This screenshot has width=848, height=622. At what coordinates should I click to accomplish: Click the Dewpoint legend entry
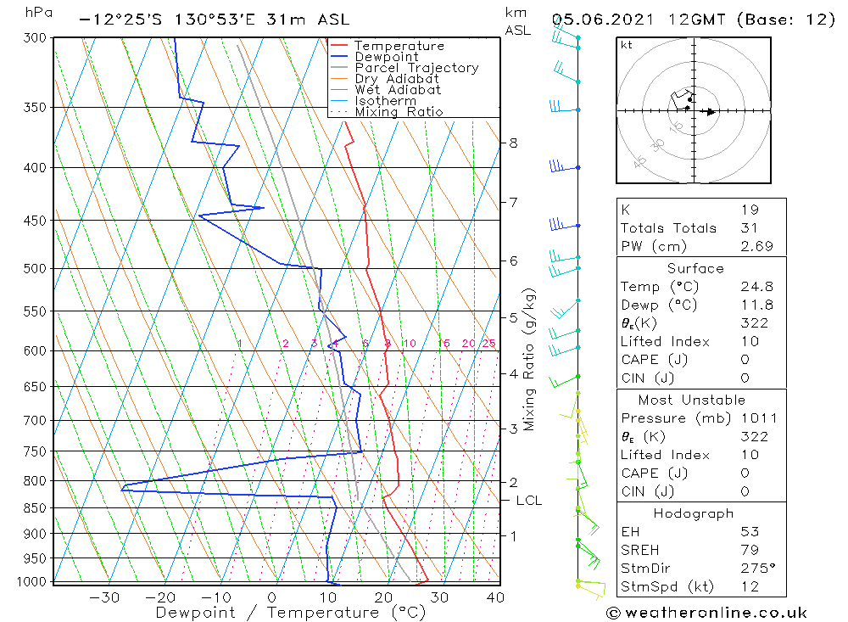click(x=386, y=57)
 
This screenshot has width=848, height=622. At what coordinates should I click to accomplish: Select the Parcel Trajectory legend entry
click(x=416, y=68)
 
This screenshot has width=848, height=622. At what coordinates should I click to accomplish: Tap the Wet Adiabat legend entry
click(x=398, y=90)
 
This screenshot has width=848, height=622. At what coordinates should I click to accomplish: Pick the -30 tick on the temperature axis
click(x=104, y=597)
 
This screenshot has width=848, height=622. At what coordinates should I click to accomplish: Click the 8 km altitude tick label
click(x=513, y=143)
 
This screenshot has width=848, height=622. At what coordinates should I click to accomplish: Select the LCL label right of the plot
click(x=528, y=501)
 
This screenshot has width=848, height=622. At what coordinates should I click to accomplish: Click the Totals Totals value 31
click(x=749, y=228)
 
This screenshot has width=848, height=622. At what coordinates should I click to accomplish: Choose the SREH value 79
click(x=749, y=551)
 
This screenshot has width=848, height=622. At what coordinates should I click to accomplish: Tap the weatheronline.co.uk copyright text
click(x=706, y=613)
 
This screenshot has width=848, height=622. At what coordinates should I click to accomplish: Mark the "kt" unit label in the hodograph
click(x=626, y=45)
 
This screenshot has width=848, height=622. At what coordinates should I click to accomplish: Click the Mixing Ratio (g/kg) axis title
click(x=529, y=359)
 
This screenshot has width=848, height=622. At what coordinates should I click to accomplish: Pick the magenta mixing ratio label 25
click(x=488, y=344)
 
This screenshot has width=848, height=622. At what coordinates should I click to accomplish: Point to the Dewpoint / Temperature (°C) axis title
click(x=291, y=613)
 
